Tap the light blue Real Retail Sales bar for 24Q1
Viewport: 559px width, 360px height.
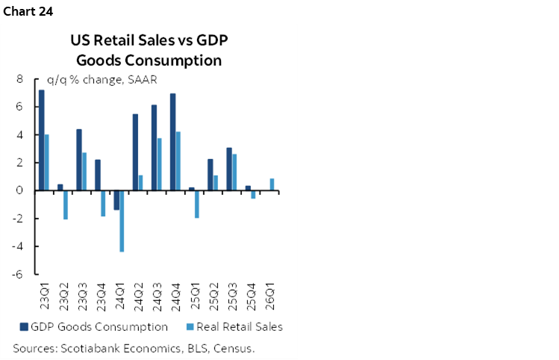pos(122,221)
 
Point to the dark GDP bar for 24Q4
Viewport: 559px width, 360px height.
pos(173,142)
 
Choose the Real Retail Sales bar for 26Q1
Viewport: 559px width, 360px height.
pos(272,184)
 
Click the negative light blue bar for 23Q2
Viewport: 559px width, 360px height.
pos(66,205)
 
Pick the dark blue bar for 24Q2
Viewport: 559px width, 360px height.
pos(135,152)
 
